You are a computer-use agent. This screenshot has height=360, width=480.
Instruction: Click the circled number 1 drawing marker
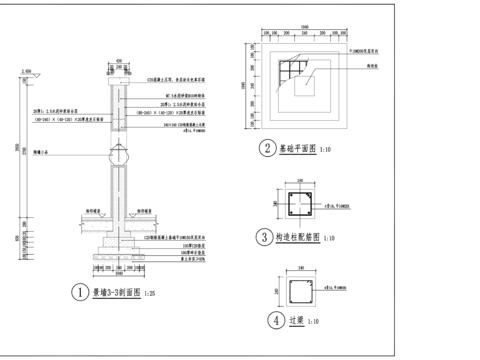[x=79, y=293]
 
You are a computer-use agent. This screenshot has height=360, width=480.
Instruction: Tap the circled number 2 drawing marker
[x=267, y=150]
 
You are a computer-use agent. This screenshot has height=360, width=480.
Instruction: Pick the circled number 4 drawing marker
[x=275, y=321]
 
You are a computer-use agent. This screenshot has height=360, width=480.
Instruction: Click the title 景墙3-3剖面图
[x=115, y=293]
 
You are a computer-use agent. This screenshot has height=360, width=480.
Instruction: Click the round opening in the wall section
[x=119, y=156]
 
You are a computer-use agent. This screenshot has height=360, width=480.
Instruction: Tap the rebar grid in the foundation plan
[x=293, y=71]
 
